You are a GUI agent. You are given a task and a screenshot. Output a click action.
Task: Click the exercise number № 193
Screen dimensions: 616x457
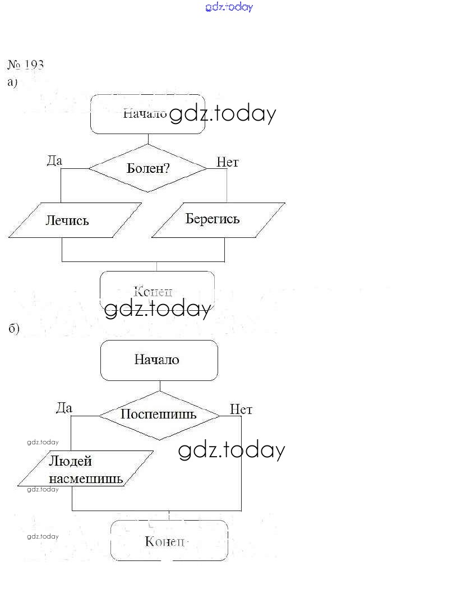pos(26,65)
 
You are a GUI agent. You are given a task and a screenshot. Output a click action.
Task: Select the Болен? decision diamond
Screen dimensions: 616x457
pos(148,168)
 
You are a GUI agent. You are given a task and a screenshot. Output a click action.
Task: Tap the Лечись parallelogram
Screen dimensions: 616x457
pos(67,220)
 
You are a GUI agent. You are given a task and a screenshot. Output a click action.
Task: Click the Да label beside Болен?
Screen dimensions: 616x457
pos(54,161)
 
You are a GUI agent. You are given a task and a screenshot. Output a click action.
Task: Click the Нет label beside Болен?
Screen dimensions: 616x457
pos(228,162)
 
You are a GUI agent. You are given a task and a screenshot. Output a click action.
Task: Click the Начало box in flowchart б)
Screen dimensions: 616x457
pos(159,360)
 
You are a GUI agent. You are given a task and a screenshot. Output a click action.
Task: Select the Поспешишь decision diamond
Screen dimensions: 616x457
pos(159,415)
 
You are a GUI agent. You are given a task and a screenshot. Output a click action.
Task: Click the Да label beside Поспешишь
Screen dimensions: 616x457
pos(64,408)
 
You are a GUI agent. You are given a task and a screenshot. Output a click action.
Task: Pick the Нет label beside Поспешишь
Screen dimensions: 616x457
pos(241,410)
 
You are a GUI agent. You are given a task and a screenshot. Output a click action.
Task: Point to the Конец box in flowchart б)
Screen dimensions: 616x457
pos(169,540)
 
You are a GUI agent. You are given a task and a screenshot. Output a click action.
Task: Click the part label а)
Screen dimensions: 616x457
pos(12,82)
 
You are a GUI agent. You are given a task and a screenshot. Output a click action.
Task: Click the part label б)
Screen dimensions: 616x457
pos(14,328)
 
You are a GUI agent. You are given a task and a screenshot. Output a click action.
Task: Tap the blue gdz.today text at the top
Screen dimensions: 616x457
pos(229,7)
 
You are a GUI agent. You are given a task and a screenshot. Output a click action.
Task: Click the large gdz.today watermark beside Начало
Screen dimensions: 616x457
pos(222,114)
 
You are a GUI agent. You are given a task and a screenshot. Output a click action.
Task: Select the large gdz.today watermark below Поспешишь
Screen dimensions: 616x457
pos(232,450)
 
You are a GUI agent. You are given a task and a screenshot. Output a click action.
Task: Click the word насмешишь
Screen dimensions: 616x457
pos(86,479)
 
